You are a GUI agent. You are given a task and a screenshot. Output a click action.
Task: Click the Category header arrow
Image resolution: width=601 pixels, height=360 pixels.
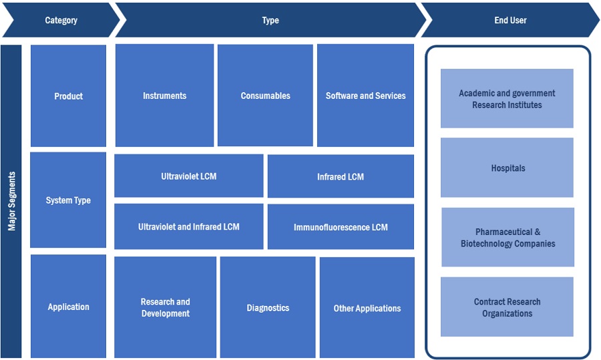click(61, 21)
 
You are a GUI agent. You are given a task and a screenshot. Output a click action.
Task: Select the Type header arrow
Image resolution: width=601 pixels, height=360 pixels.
click(270, 21)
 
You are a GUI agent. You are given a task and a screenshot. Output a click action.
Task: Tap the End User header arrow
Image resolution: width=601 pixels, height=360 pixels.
click(510, 21)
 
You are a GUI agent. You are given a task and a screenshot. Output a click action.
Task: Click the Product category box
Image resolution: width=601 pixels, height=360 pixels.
click(68, 96)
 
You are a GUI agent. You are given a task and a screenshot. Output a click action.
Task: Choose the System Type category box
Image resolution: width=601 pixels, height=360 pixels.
click(68, 200)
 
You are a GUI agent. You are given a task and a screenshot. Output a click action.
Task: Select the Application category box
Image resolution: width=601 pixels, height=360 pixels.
click(68, 307)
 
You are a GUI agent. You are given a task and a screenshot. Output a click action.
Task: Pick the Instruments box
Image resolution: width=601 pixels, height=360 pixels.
click(164, 96)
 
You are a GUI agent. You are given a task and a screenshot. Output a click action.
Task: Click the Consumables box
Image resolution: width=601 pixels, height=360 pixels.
click(265, 96)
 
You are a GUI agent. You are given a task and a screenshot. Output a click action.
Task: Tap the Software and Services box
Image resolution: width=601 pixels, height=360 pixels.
click(365, 96)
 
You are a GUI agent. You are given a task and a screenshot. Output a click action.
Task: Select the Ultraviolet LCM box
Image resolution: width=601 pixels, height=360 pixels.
click(188, 176)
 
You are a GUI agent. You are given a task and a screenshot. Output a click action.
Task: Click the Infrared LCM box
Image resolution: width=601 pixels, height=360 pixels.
click(341, 177)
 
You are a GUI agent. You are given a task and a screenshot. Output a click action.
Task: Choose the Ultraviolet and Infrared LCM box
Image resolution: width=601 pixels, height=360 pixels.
click(188, 226)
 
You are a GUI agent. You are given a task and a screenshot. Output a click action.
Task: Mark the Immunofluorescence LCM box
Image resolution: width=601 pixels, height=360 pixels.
click(341, 227)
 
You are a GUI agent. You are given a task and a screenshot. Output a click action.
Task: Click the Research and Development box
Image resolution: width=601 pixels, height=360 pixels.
click(165, 307)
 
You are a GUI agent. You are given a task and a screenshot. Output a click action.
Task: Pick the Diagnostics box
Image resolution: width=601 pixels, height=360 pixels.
click(268, 308)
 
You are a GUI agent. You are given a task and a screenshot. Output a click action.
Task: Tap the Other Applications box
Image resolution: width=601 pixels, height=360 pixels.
click(367, 308)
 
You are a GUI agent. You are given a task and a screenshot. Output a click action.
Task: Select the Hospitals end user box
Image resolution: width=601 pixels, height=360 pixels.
click(508, 168)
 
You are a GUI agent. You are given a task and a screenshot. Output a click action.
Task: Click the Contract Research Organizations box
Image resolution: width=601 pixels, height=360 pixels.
click(508, 307)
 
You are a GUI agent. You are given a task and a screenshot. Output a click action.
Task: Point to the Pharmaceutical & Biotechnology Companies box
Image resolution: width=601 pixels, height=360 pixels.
click(508, 237)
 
